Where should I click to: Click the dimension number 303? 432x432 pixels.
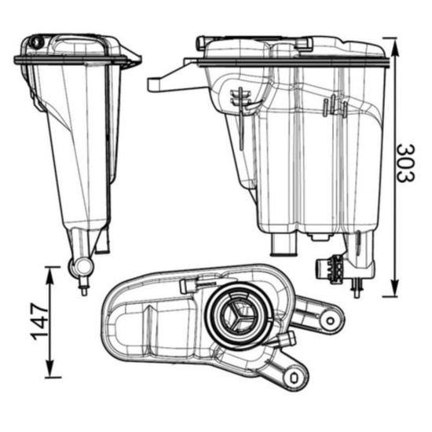(405, 163)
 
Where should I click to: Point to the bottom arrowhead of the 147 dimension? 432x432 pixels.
(51, 374)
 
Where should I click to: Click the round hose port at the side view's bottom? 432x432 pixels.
(79, 267)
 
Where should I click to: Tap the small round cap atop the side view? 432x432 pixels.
(36, 42)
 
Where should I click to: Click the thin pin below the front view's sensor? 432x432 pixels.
(357, 290)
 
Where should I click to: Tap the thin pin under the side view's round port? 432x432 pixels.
(82, 287)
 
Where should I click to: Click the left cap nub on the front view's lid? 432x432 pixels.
(202, 42)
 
